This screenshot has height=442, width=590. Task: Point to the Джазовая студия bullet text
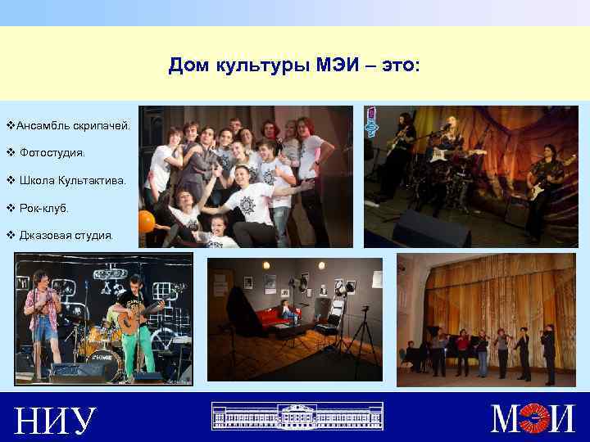point(66,235)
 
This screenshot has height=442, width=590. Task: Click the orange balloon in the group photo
point(147,220)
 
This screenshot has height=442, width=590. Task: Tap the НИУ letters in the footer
point(55,420)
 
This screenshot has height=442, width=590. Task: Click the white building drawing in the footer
point(294,416)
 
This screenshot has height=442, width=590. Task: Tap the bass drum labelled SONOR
point(104,359)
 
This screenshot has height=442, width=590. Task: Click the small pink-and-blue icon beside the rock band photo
point(372,122)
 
